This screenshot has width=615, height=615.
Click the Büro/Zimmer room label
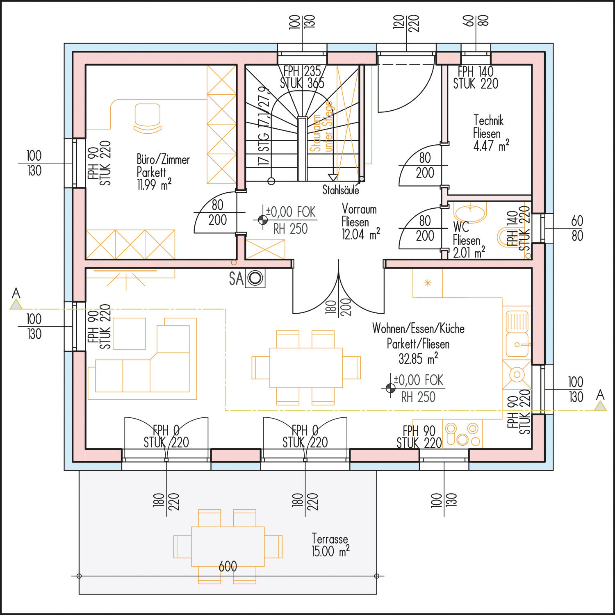163,159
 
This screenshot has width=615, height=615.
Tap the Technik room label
488,121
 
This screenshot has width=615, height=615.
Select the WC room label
461,227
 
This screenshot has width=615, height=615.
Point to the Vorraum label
359,210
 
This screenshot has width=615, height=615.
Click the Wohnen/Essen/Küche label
418,329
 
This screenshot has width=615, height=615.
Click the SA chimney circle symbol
255,278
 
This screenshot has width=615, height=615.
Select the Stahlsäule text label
341,190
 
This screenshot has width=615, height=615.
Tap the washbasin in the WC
470,212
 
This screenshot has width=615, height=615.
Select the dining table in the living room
306,368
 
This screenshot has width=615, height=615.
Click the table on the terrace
228,547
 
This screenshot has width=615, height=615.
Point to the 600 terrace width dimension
228,567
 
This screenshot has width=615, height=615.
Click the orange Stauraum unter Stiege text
322,127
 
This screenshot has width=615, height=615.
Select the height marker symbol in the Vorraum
263,220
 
